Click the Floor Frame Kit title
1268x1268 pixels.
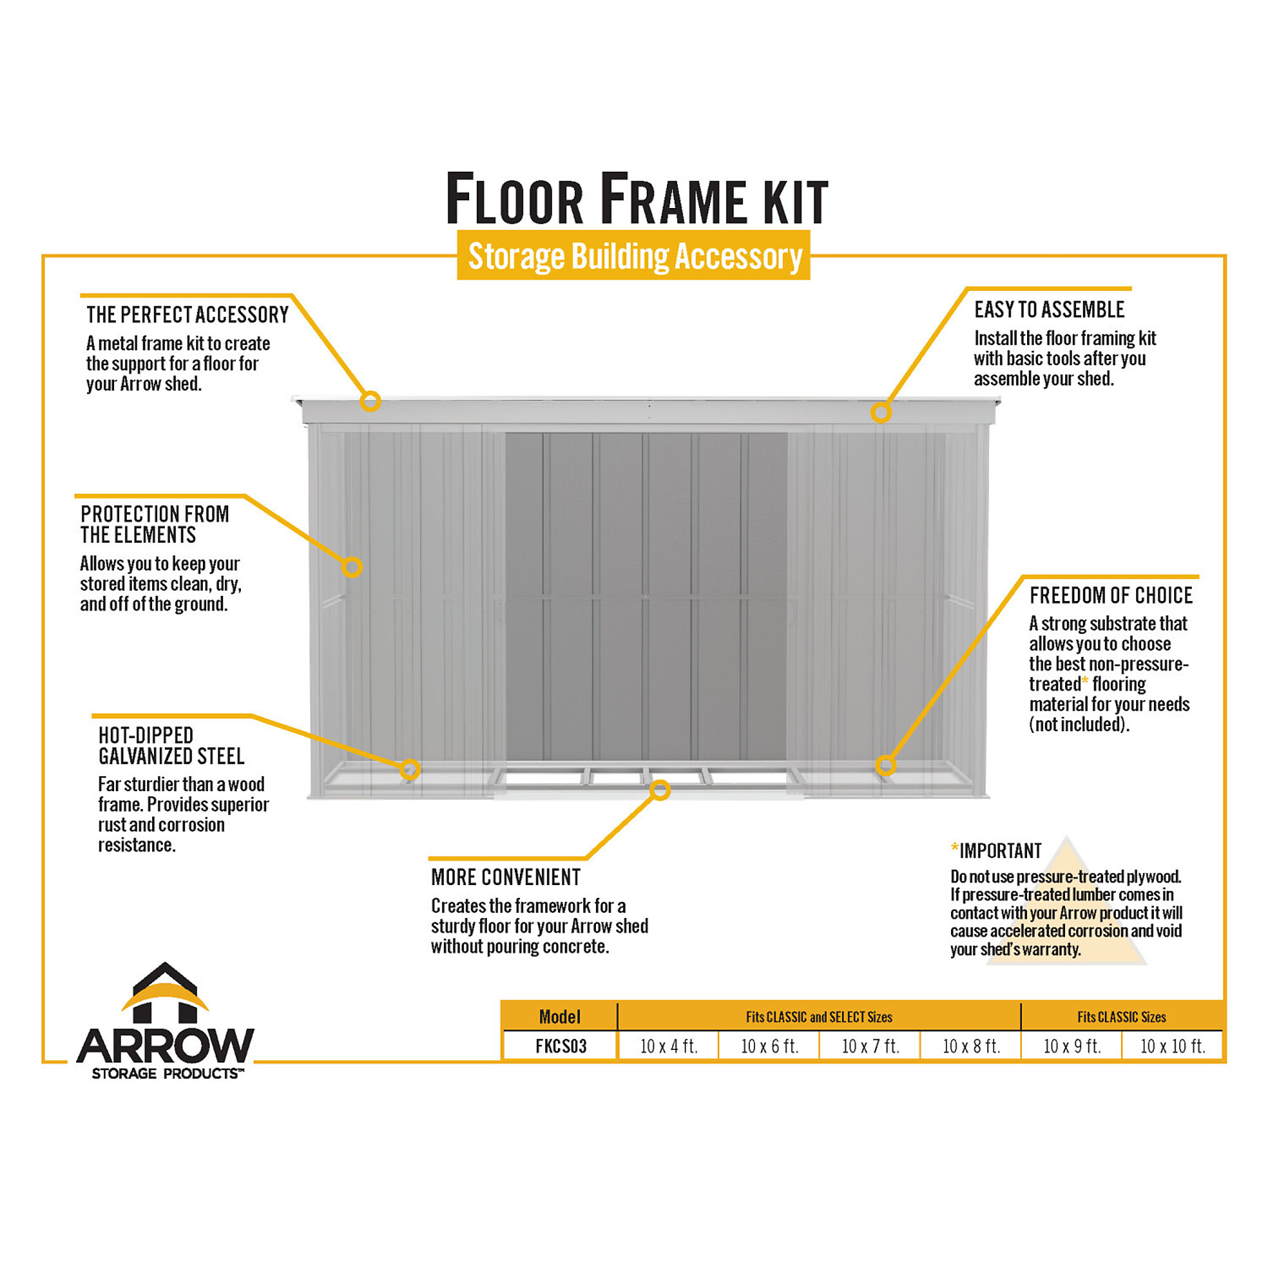pyautogui.click(x=637, y=198)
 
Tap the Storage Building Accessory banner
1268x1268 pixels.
pyautogui.click(x=633, y=256)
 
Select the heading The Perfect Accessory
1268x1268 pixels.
pyautogui.click(x=187, y=315)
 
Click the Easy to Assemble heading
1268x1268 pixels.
pyautogui.click(x=1049, y=310)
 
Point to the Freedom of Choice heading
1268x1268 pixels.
pyautogui.click(x=1111, y=595)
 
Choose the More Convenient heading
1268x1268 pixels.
pyautogui.click(x=506, y=877)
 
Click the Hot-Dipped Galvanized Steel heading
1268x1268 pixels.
pyautogui.click(x=171, y=746)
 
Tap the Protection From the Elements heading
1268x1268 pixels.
pyautogui.click(x=155, y=524)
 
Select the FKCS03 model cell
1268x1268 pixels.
pyautogui.click(x=560, y=1046)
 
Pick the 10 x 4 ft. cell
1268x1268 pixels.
pyautogui.click(x=669, y=1046)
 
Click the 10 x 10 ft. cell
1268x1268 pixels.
pyautogui.click(x=1172, y=1046)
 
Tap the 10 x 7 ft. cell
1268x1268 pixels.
pyautogui.click(x=870, y=1046)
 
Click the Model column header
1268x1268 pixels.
pyautogui.click(x=560, y=1017)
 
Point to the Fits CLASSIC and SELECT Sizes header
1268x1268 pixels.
pyautogui.click(x=819, y=1018)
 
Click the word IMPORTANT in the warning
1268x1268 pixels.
pyautogui.click(x=1000, y=851)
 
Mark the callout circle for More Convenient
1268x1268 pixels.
pyautogui.click(x=660, y=790)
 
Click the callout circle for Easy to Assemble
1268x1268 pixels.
pyautogui.click(x=881, y=412)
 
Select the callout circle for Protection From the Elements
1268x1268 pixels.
pyautogui.click(x=352, y=566)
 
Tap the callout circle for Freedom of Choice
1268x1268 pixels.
pyautogui.click(x=885, y=765)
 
